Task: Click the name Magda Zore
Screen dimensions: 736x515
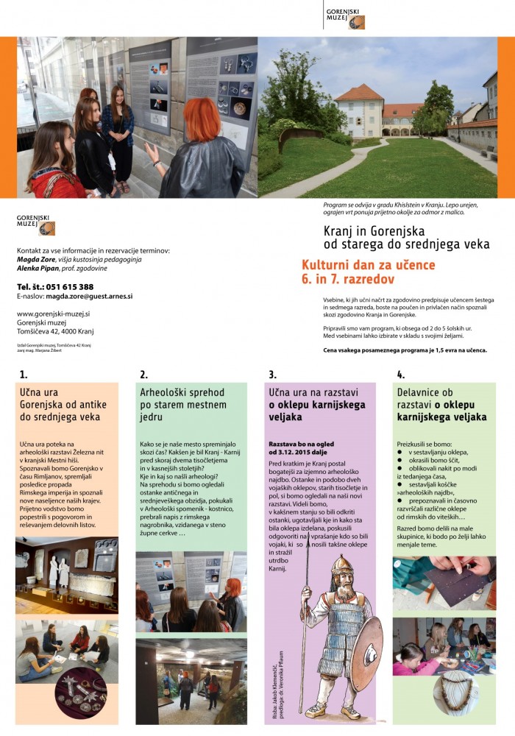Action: [x=38, y=259]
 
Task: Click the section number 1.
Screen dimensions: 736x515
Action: [x=24, y=375]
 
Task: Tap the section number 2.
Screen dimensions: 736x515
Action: [x=143, y=375]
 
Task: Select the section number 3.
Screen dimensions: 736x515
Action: [x=272, y=375]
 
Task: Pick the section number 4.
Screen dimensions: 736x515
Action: [x=400, y=375]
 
